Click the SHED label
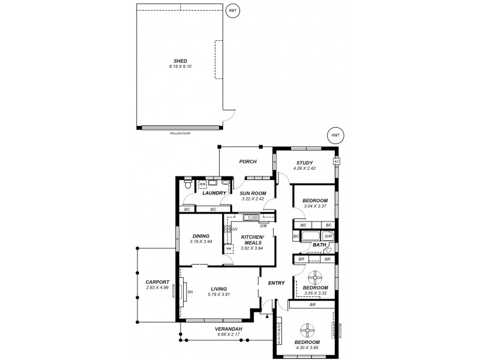(180, 61)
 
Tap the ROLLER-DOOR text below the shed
(179, 131)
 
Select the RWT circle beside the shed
(233, 11)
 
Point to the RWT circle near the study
(335, 136)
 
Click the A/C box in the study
(337, 162)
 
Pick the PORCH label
(248, 161)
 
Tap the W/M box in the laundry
(203, 185)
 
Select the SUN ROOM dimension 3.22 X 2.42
(253, 199)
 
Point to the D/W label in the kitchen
(263, 226)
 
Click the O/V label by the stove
(235, 229)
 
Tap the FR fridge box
(228, 248)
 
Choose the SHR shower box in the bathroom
(328, 236)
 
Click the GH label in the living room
(190, 292)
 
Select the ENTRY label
(277, 283)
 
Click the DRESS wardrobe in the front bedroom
(280, 333)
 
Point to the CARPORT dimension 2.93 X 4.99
(157, 287)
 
